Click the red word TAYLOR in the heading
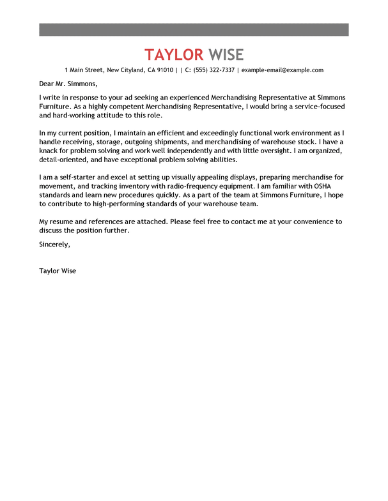pyautogui.click(x=174, y=54)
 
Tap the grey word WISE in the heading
pyautogui.click(x=226, y=54)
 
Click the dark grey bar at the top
pyautogui.click(x=194, y=29)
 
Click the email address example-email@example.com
pyautogui.click(x=283, y=70)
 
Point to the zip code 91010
pyautogui.click(x=165, y=70)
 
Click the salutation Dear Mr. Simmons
pyautogui.click(x=68, y=83)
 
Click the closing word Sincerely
pyautogui.click(x=54, y=244)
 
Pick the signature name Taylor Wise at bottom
pyautogui.click(x=58, y=271)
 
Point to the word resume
pyautogui.click(x=63, y=221)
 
